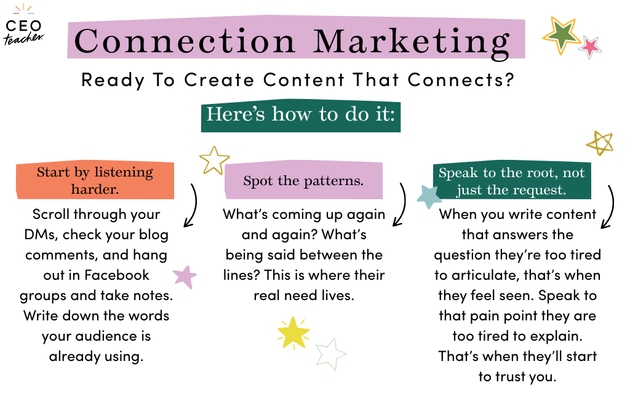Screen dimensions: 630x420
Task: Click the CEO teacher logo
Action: click(x=23, y=25)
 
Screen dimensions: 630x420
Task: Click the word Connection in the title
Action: click(x=185, y=41)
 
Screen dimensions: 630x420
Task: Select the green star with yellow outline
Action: click(x=561, y=35)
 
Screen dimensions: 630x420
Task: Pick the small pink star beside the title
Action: click(x=590, y=47)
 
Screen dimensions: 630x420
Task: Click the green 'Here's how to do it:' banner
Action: click(x=300, y=116)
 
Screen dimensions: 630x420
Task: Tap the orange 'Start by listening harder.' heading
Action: click(x=95, y=180)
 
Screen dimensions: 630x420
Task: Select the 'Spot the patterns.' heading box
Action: click(x=303, y=180)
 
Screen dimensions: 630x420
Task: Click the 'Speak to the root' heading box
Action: click(x=511, y=180)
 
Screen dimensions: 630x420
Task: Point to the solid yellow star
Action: click(x=293, y=333)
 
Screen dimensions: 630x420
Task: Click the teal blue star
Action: click(x=429, y=197)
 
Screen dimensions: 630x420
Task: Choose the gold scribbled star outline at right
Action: click(x=600, y=143)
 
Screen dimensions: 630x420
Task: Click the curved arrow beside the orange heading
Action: click(x=194, y=205)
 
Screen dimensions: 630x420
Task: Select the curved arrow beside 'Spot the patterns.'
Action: click(x=403, y=204)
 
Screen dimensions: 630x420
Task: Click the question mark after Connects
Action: click(x=510, y=79)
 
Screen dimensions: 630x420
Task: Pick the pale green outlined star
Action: click(x=330, y=354)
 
